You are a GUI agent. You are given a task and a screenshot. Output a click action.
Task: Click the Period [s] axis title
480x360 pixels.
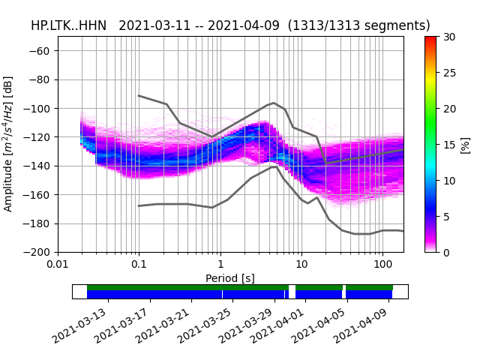click(230, 278)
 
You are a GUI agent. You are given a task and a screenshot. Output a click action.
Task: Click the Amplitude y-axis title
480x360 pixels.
click(8, 143)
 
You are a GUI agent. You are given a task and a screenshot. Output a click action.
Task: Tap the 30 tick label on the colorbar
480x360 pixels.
click(448, 37)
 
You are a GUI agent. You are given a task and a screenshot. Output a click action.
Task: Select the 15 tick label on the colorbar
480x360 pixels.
click(448, 145)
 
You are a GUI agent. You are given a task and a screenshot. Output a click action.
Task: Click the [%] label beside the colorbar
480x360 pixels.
click(465, 145)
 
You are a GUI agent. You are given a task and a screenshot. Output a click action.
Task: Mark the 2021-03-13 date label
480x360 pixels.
click(80, 324)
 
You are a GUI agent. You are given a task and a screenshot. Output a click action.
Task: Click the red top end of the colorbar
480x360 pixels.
click(430, 39)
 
